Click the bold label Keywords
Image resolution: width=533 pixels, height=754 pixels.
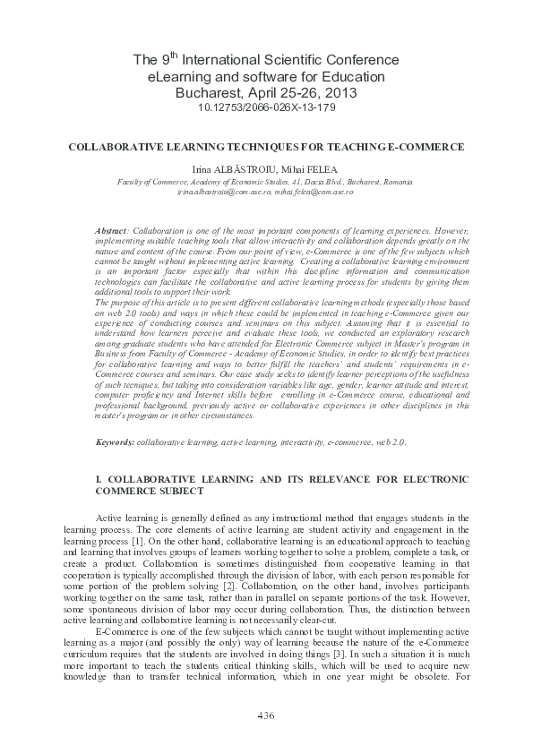click(116, 442)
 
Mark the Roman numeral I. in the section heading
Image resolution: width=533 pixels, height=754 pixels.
click(99, 481)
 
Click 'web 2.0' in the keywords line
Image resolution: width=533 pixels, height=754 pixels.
click(390, 442)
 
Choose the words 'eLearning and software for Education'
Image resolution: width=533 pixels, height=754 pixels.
click(266, 77)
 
